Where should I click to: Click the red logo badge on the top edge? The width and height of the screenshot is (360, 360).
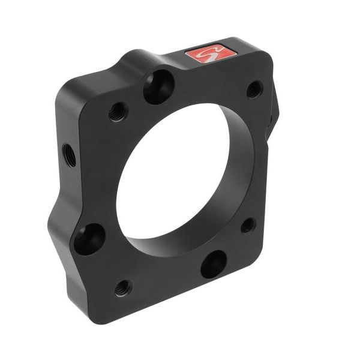coord(206,55)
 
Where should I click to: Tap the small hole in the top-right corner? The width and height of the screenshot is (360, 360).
coord(254,89)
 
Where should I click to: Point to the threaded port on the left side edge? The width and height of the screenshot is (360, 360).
coord(69,155)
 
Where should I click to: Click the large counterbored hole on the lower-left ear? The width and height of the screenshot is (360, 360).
coord(89,239)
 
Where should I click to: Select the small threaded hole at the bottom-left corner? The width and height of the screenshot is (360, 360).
coord(123,287)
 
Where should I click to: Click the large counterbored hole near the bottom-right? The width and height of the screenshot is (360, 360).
coord(214,264)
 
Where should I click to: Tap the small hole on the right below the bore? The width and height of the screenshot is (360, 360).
coord(248,226)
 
